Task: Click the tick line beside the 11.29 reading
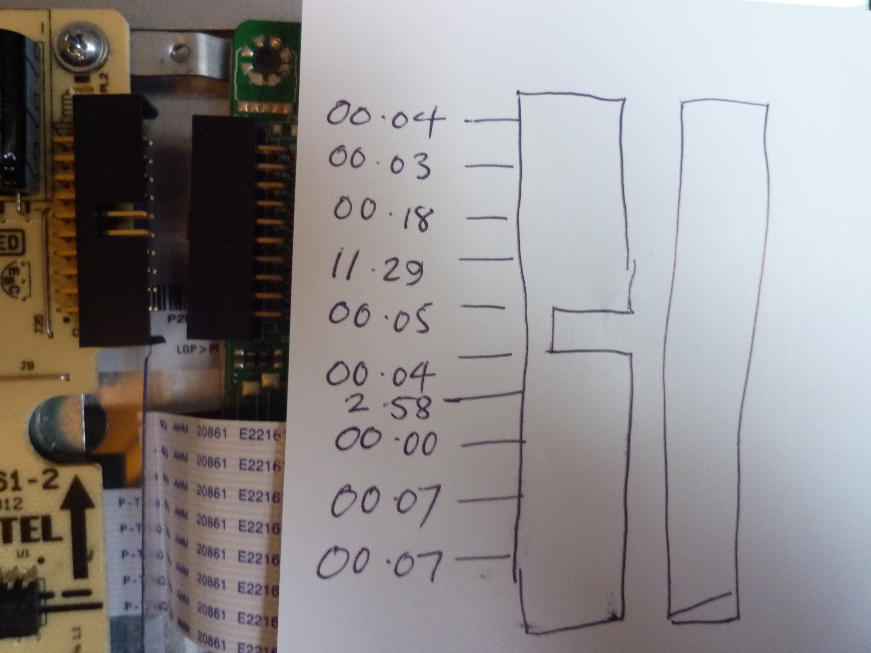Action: [x=487, y=258]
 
